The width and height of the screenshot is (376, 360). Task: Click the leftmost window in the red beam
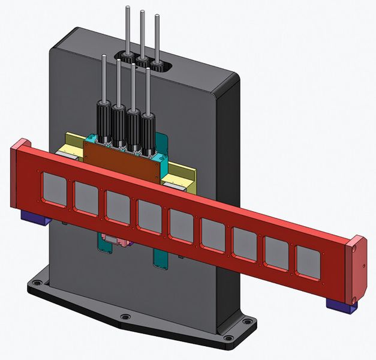tap(53, 187)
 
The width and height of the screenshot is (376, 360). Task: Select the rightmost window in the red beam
tap(308, 263)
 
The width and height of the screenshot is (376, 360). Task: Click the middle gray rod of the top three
tap(142, 33)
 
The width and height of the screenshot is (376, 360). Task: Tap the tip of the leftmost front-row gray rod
tap(104, 58)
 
